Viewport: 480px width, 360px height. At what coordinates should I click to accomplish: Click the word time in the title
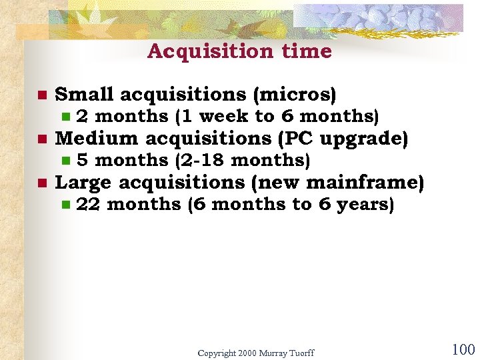point(308,51)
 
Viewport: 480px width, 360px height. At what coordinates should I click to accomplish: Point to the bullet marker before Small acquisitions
point(41,95)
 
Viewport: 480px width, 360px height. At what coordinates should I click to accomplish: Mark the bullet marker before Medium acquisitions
point(41,139)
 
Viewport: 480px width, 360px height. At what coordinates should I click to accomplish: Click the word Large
point(83,183)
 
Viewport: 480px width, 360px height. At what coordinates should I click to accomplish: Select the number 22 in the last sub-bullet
point(89,205)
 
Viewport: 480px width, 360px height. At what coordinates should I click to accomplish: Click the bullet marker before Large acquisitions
point(41,183)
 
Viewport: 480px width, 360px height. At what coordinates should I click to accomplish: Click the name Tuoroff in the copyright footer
point(298,352)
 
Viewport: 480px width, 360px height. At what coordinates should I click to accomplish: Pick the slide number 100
point(463,349)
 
